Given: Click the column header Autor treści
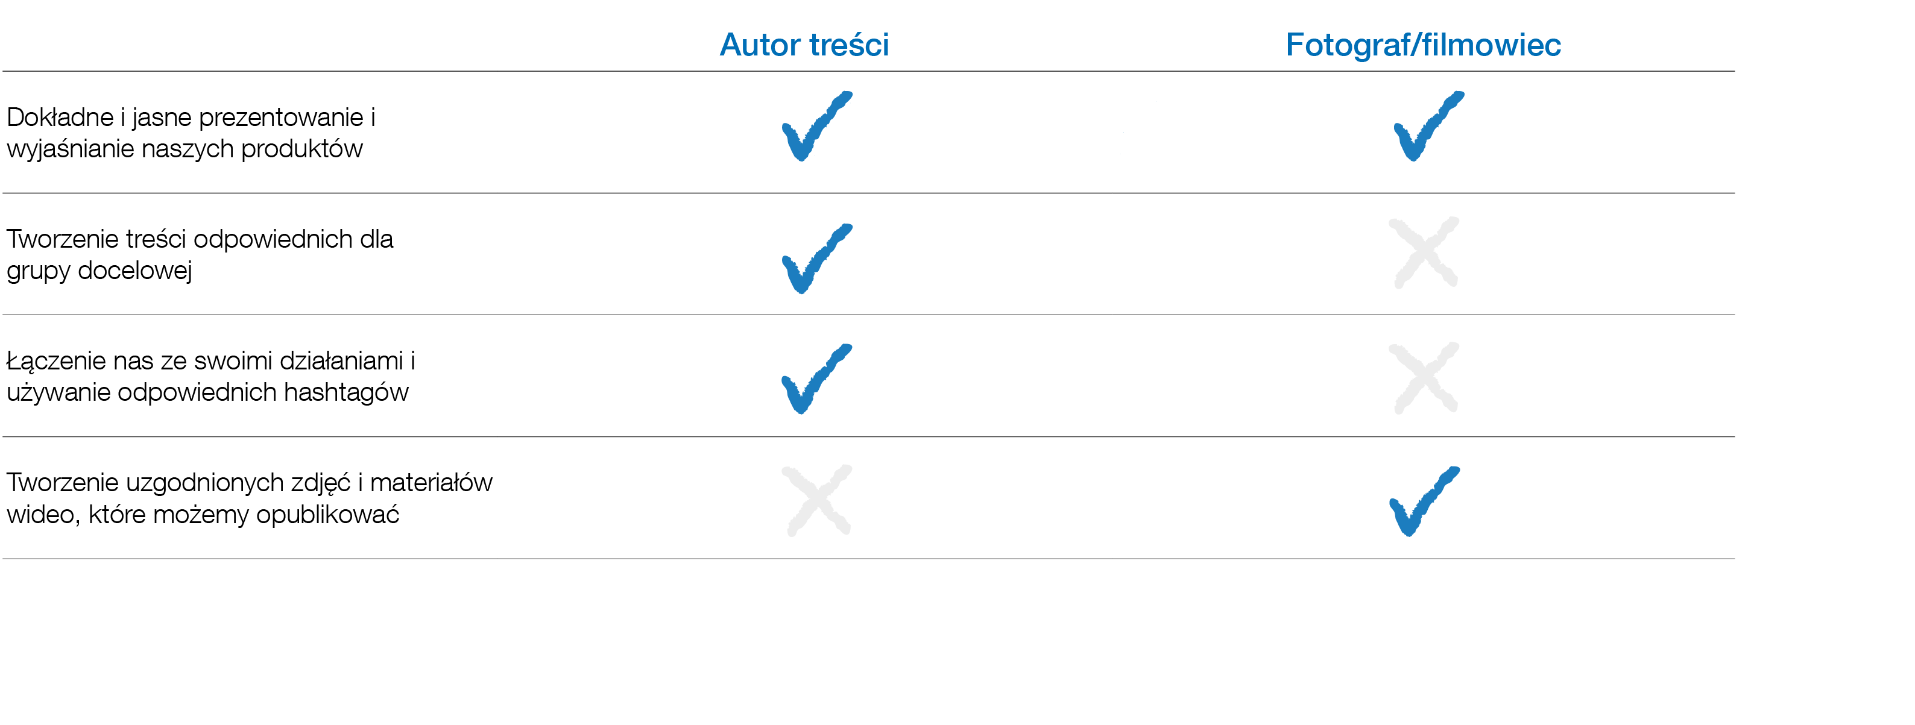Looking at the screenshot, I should [x=804, y=45].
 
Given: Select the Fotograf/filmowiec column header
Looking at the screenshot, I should [x=1423, y=45].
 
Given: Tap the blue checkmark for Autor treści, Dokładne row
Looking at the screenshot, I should [x=815, y=127].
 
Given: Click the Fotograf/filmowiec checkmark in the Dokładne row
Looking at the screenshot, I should [x=1426, y=127].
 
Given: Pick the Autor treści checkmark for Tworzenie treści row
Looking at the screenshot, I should [x=815, y=259].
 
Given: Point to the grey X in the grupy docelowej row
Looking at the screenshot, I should [x=1424, y=253].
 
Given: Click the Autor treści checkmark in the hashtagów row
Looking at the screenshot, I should [x=815, y=379].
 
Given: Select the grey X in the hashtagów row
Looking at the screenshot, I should [x=1424, y=377].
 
